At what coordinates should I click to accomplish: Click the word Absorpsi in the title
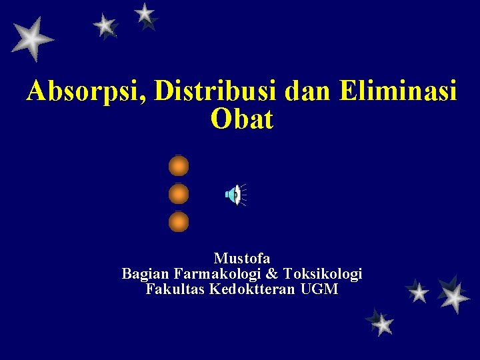click(x=87, y=92)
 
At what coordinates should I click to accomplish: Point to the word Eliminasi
click(x=397, y=91)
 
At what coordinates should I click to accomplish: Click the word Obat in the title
click(x=241, y=119)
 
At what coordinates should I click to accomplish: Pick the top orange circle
click(x=179, y=165)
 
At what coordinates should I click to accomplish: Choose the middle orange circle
click(x=179, y=194)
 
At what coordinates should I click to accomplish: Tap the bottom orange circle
click(x=179, y=221)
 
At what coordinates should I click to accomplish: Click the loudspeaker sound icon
click(x=234, y=195)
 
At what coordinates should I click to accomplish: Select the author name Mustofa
click(x=241, y=258)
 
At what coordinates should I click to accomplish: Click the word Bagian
click(x=145, y=274)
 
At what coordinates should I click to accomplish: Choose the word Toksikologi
click(x=323, y=274)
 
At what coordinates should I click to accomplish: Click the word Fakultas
click(x=175, y=290)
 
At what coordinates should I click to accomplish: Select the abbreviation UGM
click(x=319, y=290)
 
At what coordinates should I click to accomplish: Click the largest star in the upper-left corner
click(x=31, y=39)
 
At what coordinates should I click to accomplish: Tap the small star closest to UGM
click(x=418, y=292)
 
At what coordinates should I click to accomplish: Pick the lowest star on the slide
click(x=382, y=324)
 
